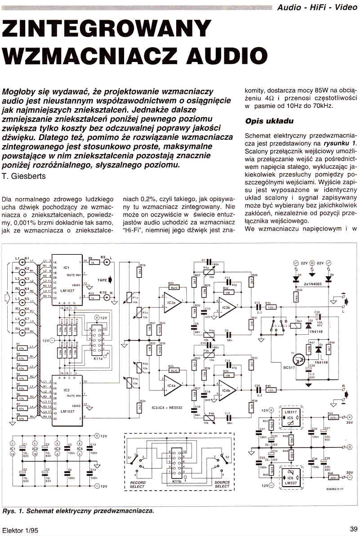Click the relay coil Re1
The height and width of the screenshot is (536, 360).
[x=299, y=325]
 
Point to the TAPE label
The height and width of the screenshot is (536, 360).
[x=102, y=280]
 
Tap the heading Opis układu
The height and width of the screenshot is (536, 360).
[x=269, y=121]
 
